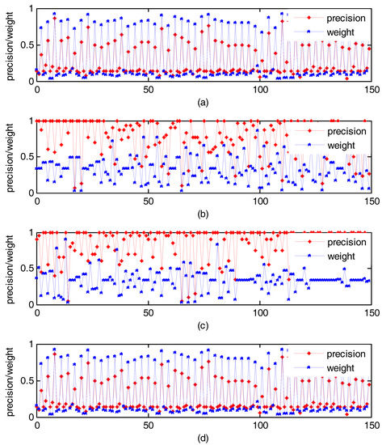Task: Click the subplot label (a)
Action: pyautogui.click(x=204, y=103)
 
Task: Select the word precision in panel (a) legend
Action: pyautogui.click(x=342, y=17)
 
